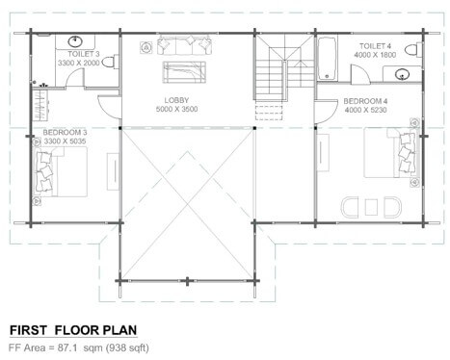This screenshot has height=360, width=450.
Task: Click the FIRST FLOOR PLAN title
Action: tap(73, 330)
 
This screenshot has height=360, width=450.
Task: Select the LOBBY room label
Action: tap(176, 100)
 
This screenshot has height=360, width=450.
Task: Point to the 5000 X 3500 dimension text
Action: tap(176, 109)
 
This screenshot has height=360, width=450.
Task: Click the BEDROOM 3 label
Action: tap(65, 132)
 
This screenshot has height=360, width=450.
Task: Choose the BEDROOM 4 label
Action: tap(365, 101)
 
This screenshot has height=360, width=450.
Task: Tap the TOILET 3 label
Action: tap(84, 54)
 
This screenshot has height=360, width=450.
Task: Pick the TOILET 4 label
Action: tap(375, 46)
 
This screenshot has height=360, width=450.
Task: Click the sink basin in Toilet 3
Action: tap(75, 41)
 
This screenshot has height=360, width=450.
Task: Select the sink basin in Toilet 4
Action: tap(403, 74)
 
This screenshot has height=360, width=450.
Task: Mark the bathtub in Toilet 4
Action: tap(327, 58)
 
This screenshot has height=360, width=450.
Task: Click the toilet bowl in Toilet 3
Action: tap(110, 63)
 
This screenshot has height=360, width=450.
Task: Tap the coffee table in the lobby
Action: tap(184, 72)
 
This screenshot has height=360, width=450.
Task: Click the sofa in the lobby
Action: tap(184, 45)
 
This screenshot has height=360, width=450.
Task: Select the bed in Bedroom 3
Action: tap(61, 172)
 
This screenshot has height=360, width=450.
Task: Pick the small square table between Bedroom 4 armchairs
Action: tap(371, 207)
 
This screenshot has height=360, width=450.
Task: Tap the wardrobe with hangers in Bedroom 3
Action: tap(40, 105)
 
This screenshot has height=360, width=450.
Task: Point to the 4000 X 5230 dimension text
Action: tap(365, 110)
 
